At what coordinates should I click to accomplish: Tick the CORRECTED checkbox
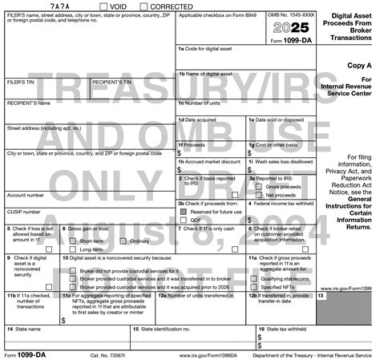143,6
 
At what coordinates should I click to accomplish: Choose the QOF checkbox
184,219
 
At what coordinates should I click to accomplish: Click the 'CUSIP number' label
24,212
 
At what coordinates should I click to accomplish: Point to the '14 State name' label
24,329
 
